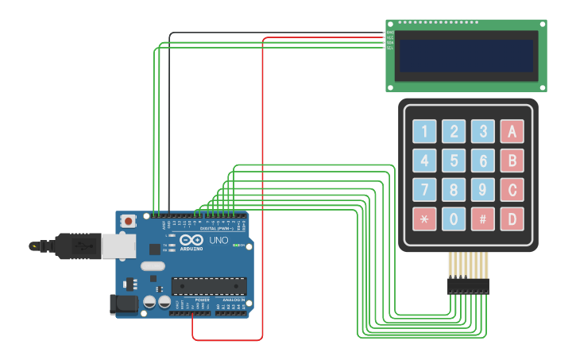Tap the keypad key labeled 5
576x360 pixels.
point(454,161)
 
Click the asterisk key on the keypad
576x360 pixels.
point(424,219)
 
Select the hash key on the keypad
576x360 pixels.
point(482,219)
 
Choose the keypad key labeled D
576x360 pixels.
point(512,219)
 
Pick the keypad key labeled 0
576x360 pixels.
point(454,219)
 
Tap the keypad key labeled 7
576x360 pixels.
point(424,190)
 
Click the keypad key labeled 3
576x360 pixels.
point(482,132)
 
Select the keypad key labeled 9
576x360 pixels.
point(482,190)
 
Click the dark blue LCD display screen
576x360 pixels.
point(466,56)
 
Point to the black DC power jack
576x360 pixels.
point(122,303)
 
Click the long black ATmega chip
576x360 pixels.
point(209,286)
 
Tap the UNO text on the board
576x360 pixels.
point(218,240)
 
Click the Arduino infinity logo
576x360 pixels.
point(191,239)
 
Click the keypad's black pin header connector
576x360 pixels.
point(468,285)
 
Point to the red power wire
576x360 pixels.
point(262,199)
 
